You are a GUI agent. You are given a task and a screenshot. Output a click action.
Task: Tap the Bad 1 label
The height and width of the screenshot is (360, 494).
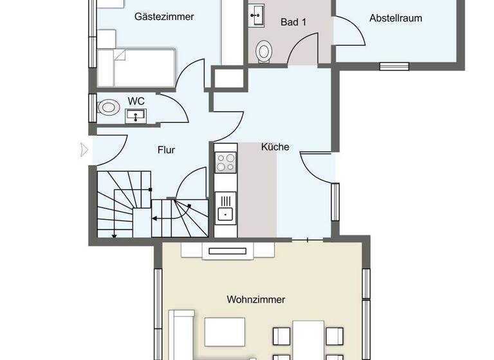[x=293, y=22]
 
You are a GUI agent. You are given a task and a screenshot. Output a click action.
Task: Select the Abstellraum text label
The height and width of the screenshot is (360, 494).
[x=396, y=18]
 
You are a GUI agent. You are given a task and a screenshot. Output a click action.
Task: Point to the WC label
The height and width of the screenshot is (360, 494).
[x=135, y=101]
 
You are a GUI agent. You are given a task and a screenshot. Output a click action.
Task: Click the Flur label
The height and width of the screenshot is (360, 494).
[x=167, y=150]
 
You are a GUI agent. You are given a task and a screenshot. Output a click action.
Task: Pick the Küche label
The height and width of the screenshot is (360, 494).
[x=275, y=147]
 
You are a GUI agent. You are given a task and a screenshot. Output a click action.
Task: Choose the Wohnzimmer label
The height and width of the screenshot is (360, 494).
[x=255, y=300]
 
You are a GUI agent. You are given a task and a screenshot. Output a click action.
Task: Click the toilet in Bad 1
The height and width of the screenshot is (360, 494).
[x=264, y=51]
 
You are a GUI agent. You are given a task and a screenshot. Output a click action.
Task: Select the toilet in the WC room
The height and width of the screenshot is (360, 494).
[x=108, y=107]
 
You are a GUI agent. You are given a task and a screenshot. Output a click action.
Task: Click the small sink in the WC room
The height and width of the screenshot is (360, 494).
[x=136, y=115]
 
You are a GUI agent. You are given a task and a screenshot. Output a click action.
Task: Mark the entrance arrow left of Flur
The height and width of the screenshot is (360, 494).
[x=83, y=150]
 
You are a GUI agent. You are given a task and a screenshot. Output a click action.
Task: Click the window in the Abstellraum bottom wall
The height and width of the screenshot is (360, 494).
[x=394, y=66]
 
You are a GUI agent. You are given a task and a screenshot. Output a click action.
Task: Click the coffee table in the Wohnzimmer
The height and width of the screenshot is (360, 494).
[x=225, y=332]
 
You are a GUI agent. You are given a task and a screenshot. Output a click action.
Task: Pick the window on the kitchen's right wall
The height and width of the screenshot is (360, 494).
[x=335, y=201]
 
